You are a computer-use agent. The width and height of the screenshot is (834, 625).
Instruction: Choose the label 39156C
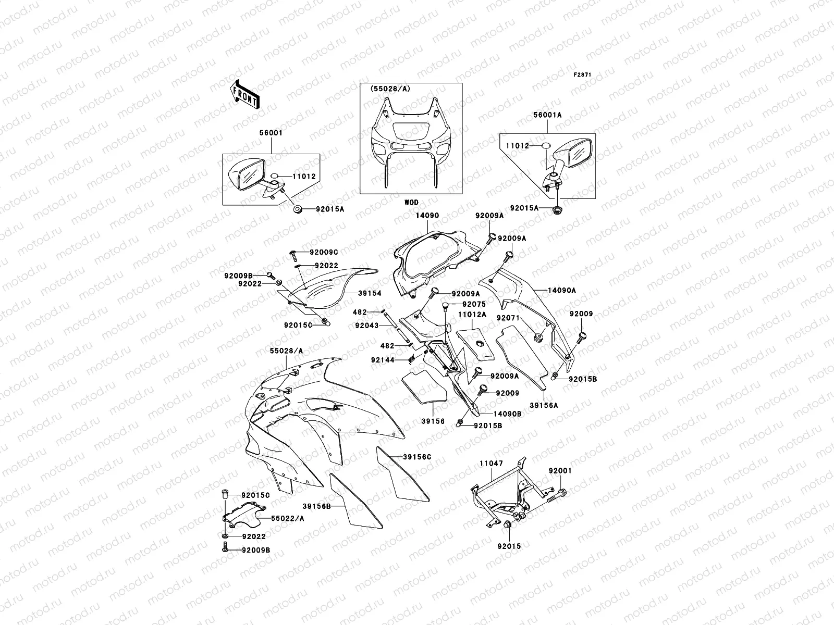pyautogui.click(x=417, y=457)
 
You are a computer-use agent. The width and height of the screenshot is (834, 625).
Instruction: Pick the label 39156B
pyautogui.click(x=317, y=505)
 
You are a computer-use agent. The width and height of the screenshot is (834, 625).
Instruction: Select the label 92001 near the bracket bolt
pyautogui.click(x=560, y=470)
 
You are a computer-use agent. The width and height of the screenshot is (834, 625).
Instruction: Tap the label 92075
pyautogui.click(x=474, y=305)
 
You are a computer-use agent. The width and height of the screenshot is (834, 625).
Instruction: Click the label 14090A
pyautogui.click(x=562, y=290)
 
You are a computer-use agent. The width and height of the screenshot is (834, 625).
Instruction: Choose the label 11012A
pyautogui.click(x=472, y=315)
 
